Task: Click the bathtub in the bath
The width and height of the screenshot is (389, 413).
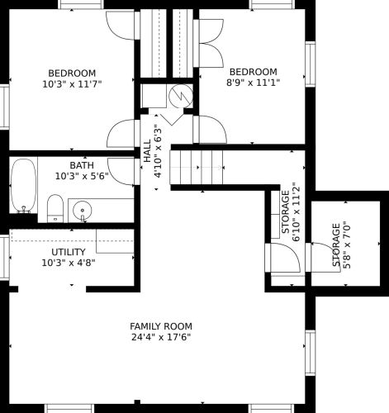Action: pos(23,186)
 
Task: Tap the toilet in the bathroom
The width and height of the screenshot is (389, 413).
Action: pos(55,208)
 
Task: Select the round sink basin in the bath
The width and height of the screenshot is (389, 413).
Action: pos(83,211)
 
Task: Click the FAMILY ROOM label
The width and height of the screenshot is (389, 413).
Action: pos(161,326)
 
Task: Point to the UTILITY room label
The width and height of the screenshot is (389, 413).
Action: pos(69,252)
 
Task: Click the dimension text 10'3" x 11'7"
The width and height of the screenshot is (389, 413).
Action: pos(72,84)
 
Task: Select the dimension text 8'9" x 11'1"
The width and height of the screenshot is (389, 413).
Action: pos(253,83)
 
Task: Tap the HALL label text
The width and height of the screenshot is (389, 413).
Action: pos(147,150)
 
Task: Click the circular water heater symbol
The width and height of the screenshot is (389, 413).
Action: pos(181,96)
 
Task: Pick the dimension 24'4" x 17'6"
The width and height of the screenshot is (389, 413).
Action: pos(161,337)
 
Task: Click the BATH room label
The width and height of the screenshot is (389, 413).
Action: pos(82,165)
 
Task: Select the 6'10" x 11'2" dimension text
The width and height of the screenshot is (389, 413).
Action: pos(296,211)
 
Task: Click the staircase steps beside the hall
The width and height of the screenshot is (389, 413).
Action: pos(197,168)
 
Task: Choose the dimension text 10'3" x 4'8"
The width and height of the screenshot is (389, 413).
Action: pos(69,263)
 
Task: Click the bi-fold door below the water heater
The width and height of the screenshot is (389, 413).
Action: pos(172,119)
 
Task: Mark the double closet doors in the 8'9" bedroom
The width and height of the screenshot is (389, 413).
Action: pos(208,43)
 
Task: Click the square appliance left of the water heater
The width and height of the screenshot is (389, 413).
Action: pos(154,96)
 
